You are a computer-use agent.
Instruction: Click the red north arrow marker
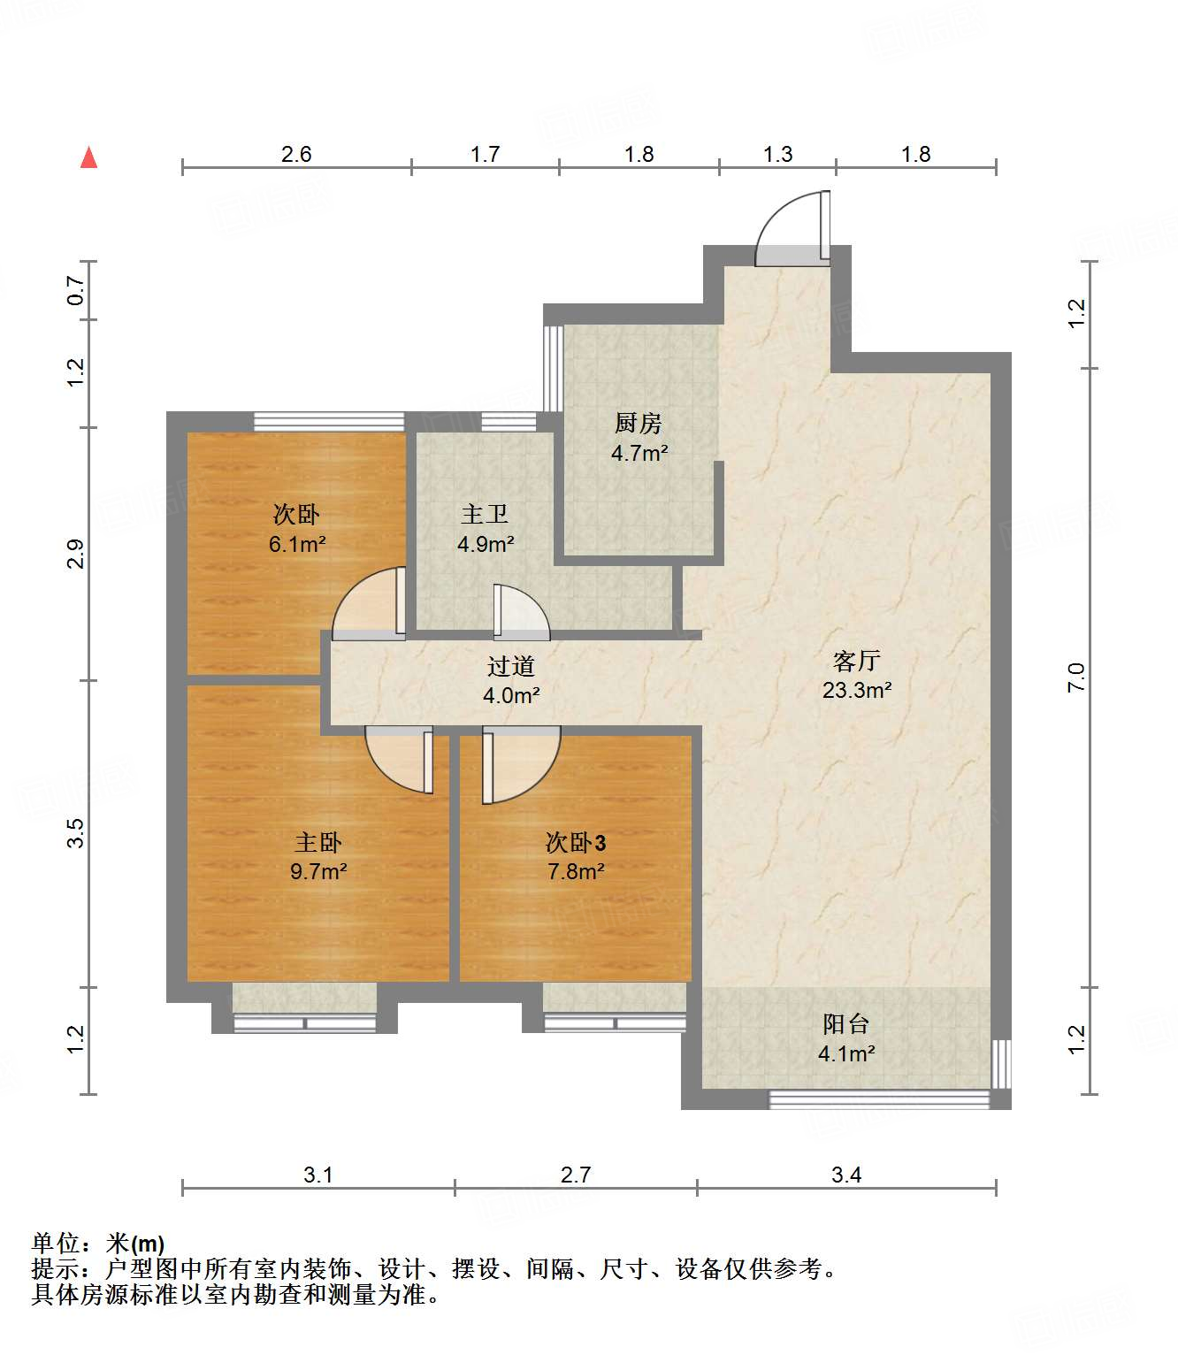(x=88, y=158)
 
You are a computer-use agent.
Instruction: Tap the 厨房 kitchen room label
(x=638, y=424)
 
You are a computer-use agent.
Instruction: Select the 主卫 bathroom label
(x=485, y=515)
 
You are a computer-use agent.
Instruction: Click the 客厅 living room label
(x=856, y=661)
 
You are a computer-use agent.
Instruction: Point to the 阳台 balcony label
(x=845, y=1024)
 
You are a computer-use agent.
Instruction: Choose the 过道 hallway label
(x=510, y=666)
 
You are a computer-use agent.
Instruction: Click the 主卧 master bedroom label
(x=317, y=842)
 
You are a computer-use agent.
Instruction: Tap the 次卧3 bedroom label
(x=576, y=842)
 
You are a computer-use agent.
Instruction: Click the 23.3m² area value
(x=856, y=691)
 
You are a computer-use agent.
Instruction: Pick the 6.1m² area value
(x=297, y=544)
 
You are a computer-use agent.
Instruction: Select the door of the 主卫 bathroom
(x=520, y=612)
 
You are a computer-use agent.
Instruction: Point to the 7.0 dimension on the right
(x=1075, y=677)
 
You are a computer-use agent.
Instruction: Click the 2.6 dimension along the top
(x=296, y=154)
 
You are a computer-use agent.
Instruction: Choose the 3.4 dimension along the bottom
(x=846, y=1175)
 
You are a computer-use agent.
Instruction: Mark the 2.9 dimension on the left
(x=76, y=554)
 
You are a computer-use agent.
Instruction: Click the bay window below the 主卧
(x=304, y=1010)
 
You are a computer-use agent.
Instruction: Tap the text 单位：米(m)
(x=98, y=1244)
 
